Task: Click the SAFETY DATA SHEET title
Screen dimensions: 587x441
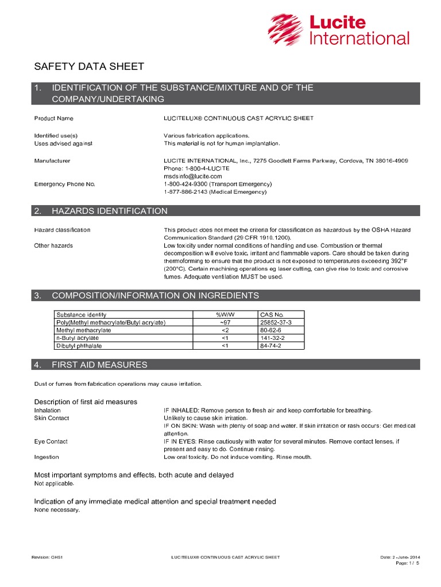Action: click(x=89, y=66)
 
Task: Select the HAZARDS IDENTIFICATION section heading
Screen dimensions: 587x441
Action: click(x=109, y=211)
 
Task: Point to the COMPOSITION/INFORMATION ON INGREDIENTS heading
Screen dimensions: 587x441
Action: click(x=155, y=296)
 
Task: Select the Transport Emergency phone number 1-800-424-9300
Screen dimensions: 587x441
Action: click(x=185, y=184)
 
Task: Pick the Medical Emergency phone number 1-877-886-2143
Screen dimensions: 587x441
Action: click(x=185, y=192)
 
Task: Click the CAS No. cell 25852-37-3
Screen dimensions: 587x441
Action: click(x=276, y=323)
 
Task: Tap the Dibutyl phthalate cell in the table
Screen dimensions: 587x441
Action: click(x=76, y=346)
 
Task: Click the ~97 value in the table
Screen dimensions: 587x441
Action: click(x=225, y=323)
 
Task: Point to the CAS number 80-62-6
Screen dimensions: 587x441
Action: click(x=270, y=330)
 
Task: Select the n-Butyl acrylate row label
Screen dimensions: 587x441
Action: click(x=75, y=338)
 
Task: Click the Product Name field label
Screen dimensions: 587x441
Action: click(x=54, y=118)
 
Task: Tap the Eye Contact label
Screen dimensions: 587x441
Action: click(x=51, y=441)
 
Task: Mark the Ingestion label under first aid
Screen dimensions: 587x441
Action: click(x=47, y=457)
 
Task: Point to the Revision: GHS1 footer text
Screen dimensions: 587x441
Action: click(x=48, y=557)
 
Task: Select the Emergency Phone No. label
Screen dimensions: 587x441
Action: click(x=64, y=184)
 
